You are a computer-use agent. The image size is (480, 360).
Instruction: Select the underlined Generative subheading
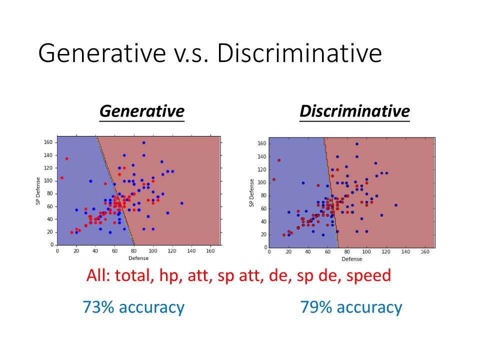141,110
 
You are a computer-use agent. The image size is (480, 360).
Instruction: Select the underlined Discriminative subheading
354,110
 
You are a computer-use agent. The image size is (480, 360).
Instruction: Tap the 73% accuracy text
133,307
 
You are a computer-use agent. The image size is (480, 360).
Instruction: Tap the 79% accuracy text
351,307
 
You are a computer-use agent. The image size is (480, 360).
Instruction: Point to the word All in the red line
96,275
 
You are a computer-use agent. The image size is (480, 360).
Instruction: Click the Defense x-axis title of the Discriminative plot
352,259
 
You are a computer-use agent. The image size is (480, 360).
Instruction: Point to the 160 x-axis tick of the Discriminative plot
425,252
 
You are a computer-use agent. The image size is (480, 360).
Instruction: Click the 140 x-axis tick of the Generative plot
191,250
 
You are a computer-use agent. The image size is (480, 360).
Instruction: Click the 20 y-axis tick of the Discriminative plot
263,234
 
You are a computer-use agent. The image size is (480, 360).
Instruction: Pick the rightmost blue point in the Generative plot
181,203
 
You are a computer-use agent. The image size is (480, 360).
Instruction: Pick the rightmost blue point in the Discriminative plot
395,205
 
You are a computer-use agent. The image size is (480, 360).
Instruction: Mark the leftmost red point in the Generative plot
62,177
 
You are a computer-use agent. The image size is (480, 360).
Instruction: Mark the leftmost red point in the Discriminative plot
274,179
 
